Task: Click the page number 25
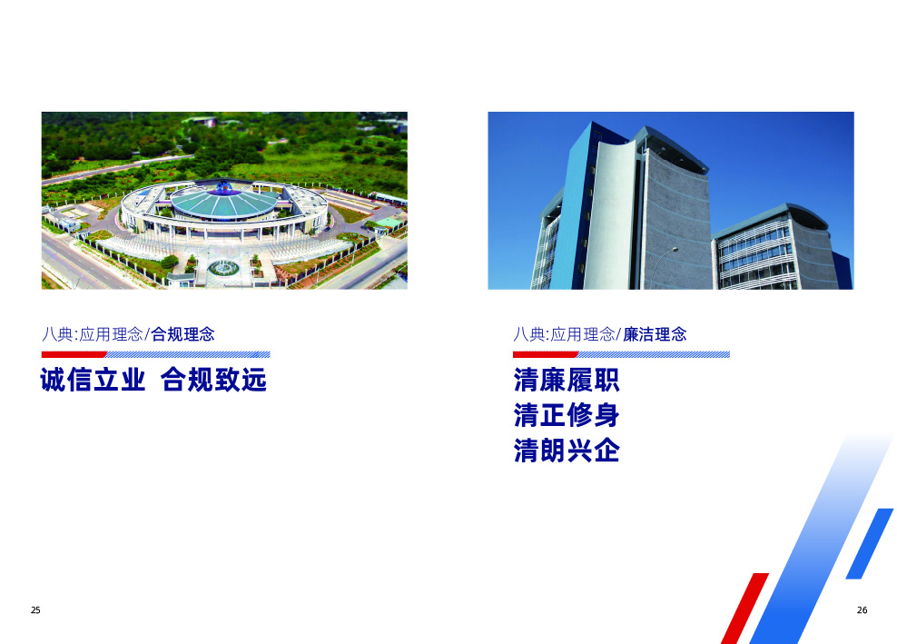coord(35,610)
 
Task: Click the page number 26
coord(862,610)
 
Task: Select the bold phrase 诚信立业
coord(93,381)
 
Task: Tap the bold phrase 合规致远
coord(213,381)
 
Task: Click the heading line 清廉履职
coord(567,381)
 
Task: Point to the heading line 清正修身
coord(567,415)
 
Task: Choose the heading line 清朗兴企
coord(567,451)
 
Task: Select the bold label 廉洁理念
coord(655,334)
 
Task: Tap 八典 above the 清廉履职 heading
coord(528,334)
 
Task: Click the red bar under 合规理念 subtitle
coord(74,354)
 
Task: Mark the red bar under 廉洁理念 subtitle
coord(545,354)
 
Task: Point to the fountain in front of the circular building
coord(222,268)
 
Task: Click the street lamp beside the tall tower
coord(673,250)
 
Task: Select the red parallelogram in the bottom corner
coord(744,607)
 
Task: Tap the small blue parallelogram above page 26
coord(869,543)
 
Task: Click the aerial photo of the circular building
coord(224,200)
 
